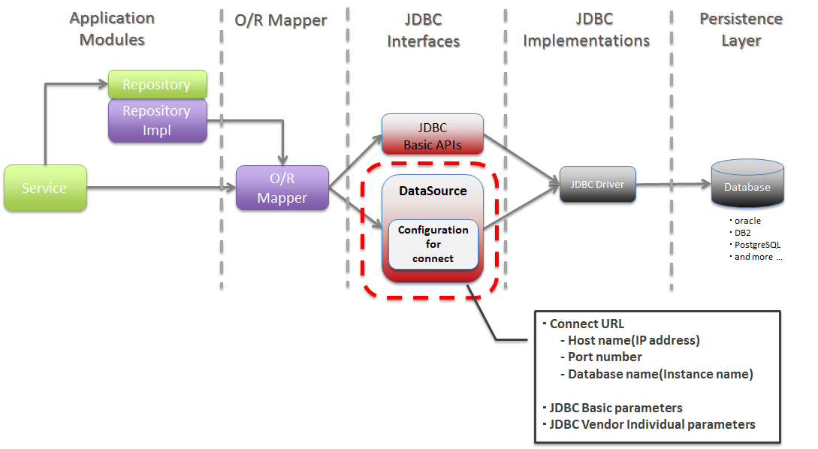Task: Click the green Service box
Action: (45, 188)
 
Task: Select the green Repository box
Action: (157, 84)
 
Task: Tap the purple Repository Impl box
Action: (157, 120)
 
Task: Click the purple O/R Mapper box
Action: (282, 188)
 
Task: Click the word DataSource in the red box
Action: (433, 191)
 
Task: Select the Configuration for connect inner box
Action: (433, 245)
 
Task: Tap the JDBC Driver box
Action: (597, 185)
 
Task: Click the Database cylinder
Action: (747, 186)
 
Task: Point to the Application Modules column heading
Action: (112, 29)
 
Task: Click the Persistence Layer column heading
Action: (741, 30)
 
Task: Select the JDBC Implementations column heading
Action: (586, 30)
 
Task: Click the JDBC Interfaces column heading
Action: (423, 30)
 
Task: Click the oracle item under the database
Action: (747, 221)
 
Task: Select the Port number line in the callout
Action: (604, 357)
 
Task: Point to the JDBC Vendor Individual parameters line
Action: (651, 424)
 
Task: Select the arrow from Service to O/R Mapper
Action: (158, 188)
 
